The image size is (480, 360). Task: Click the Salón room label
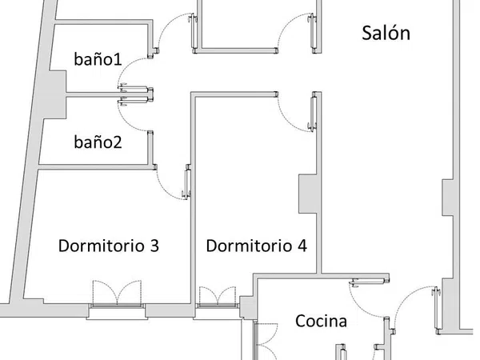coord(386,33)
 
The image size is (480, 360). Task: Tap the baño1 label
coord(98,58)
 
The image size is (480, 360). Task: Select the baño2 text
coord(98,142)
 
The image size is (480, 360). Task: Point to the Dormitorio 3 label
coord(109,246)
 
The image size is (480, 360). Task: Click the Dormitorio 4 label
coord(257,246)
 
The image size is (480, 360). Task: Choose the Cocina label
coord(321,321)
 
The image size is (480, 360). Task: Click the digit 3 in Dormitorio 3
coord(154,246)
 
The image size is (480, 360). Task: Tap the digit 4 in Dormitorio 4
coord(302,246)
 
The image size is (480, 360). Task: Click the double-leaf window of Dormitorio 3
coord(117,293)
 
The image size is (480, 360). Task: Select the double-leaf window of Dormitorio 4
coord(218,296)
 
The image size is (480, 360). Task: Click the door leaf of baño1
coord(135,89)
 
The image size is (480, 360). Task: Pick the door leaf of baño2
coord(135,100)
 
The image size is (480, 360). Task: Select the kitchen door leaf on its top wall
coord(370,282)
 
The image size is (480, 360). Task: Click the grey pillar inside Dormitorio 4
coord(307,194)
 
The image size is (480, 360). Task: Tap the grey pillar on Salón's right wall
coord(447,198)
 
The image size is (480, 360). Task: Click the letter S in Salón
coord(366,33)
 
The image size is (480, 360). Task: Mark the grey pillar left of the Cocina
coord(247,307)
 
